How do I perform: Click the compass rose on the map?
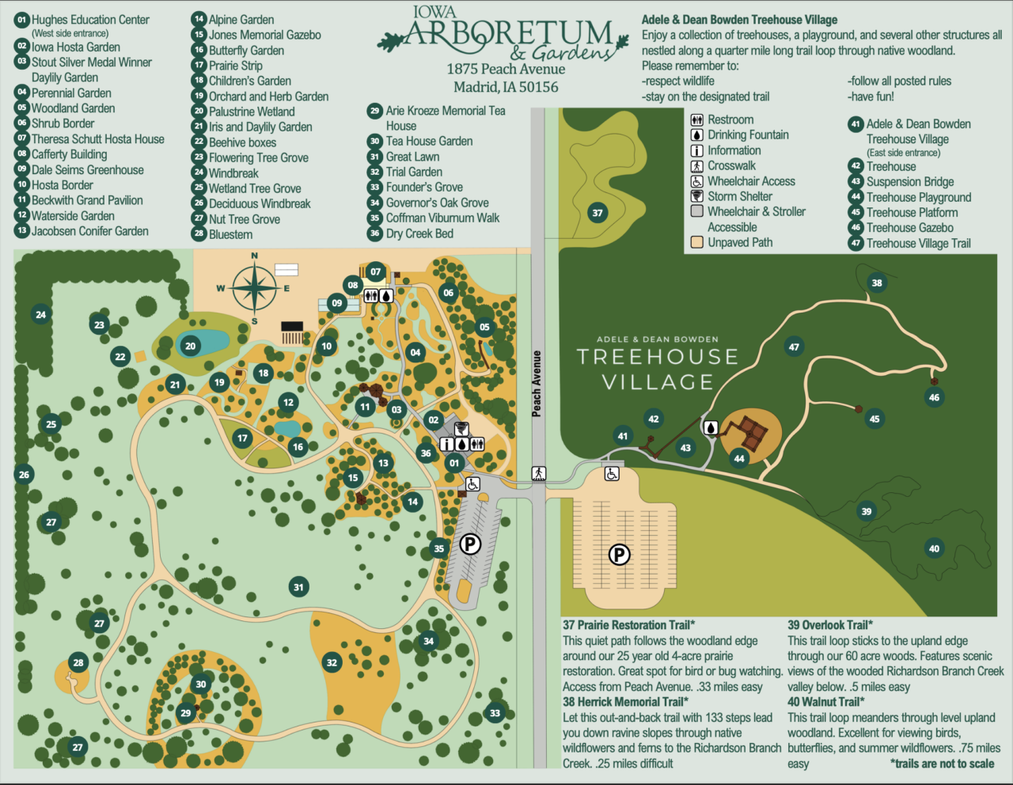point(254,288)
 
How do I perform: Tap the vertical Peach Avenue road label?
point(537,384)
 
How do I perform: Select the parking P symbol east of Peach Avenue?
point(619,555)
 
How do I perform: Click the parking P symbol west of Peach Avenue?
point(470,544)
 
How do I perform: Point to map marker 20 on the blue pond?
point(190,346)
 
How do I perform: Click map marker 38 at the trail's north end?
point(877,283)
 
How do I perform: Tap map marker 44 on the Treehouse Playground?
point(739,458)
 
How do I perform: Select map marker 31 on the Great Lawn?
point(298,587)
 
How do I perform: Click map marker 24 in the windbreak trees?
point(40,314)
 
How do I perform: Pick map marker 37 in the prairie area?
point(598,212)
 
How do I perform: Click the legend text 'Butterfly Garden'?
point(246,51)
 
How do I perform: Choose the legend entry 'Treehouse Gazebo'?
point(909,228)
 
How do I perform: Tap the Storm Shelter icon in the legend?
point(697,196)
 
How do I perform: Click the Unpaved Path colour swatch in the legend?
point(697,242)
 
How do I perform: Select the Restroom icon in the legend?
point(697,119)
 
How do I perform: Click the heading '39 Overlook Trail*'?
point(829,625)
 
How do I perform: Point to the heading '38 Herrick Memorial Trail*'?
point(625,702)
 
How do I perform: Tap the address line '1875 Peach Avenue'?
point(506,70)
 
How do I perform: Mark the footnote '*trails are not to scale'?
point(942,764)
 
